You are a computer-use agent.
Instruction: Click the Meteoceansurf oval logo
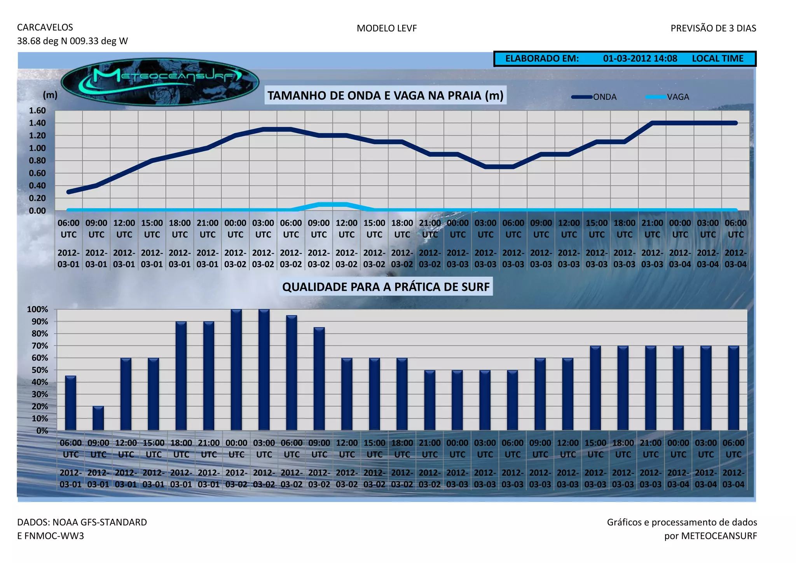(160, 82)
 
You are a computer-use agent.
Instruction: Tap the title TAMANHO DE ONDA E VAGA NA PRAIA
(385, 96)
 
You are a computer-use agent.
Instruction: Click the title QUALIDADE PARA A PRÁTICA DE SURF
(386, 287)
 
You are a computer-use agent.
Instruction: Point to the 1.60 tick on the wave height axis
(37, 110)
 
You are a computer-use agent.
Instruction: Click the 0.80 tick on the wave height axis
(37, 160)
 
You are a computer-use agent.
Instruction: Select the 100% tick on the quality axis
(37, 309)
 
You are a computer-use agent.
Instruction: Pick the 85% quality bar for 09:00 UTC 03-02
(319, 379)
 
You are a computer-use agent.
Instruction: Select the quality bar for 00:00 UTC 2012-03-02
(236, 369)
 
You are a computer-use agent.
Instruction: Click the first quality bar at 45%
(70, 403)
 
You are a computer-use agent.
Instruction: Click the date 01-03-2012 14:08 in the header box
(640, 59)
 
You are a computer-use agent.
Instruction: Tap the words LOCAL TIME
(717, 59)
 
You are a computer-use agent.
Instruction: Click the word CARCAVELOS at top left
(45, 28)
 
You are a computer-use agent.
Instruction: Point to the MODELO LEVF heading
(386, 28)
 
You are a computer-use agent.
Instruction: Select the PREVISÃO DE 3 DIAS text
(713, 28)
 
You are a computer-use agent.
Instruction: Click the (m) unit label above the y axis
(50, 95)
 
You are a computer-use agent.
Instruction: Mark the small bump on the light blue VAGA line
(333, 204)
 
